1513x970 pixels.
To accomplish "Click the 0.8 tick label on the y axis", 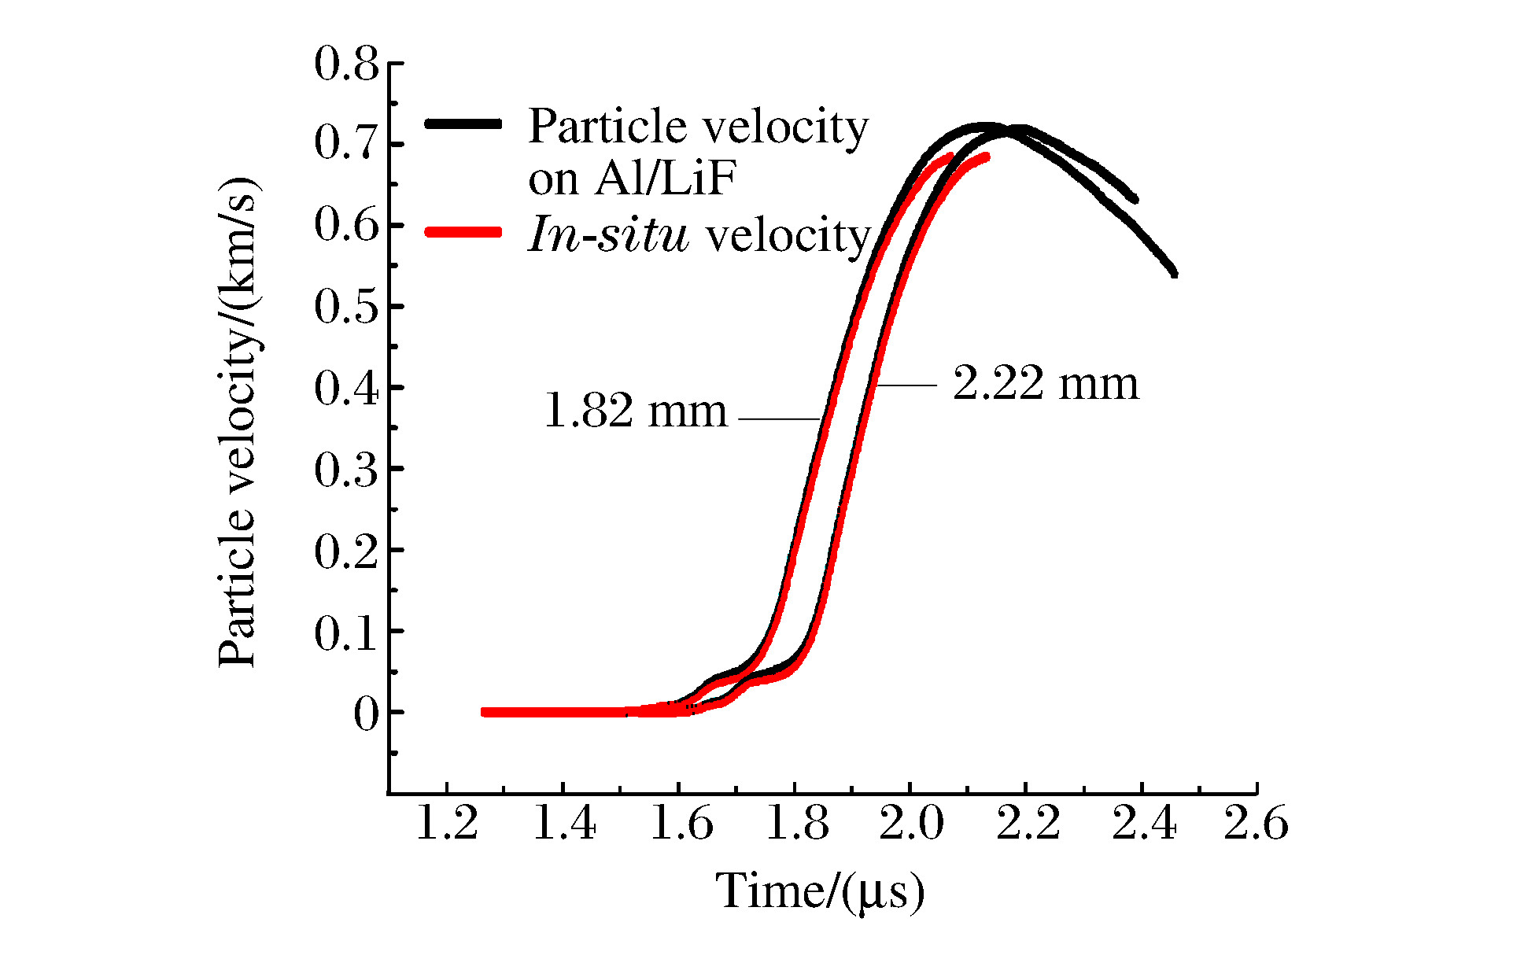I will coord(346,65).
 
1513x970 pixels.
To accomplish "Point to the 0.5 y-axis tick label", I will coord(346,308).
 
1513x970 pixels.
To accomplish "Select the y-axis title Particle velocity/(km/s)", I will coord(238,422).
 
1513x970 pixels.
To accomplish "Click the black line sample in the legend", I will coord(463,124).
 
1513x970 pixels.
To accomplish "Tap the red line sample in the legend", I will coord(463,232).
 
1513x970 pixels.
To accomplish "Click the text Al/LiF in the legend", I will coord(665,180).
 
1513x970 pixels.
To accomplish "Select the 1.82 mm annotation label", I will coord(636,411).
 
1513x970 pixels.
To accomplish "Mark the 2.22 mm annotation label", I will coord(1046,385).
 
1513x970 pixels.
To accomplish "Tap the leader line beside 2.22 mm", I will coord(906,385).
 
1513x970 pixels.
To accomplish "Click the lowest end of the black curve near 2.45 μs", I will coord(1174,273).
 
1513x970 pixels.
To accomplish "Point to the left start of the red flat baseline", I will coord(485,712).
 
